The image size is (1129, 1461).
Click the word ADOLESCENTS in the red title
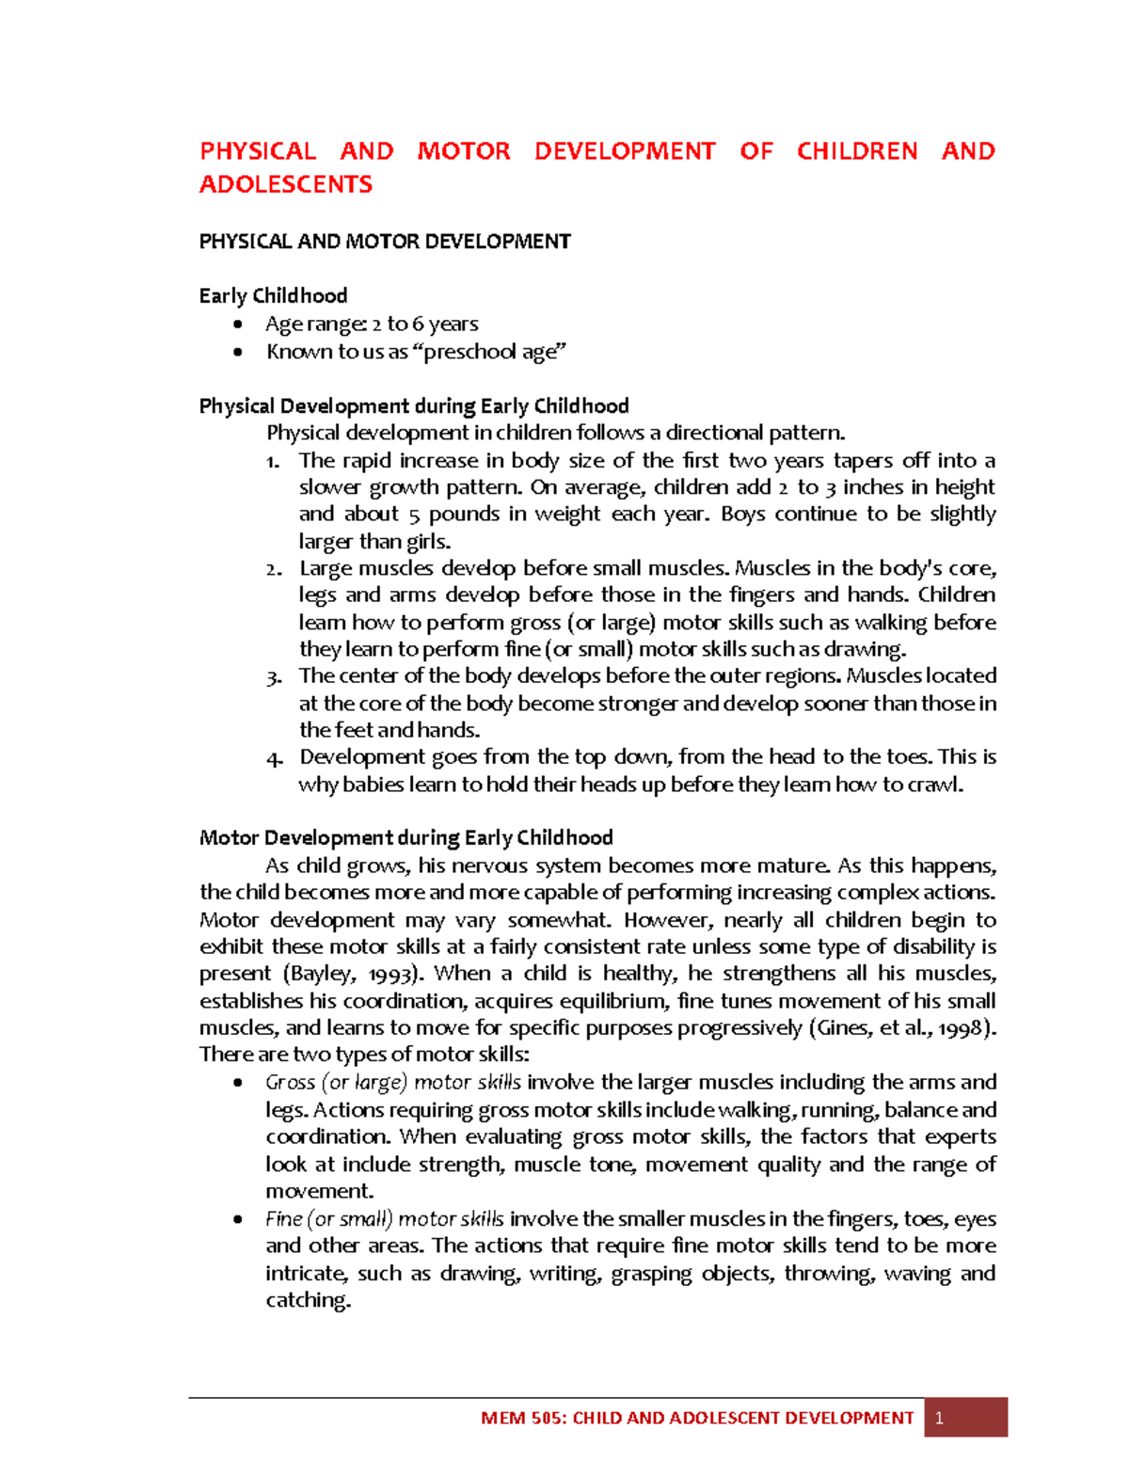286,184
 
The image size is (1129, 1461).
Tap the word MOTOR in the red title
464,151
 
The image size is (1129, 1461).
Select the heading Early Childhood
273,295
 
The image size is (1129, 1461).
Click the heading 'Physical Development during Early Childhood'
414,406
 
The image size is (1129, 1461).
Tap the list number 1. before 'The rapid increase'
273,461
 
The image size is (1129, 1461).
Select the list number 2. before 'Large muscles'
274,569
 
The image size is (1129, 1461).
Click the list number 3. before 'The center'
274,677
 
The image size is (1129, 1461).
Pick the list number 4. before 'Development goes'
274,758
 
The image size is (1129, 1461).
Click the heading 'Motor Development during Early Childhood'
405,838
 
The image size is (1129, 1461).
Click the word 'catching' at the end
308,1300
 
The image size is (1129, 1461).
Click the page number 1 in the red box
938,1418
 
